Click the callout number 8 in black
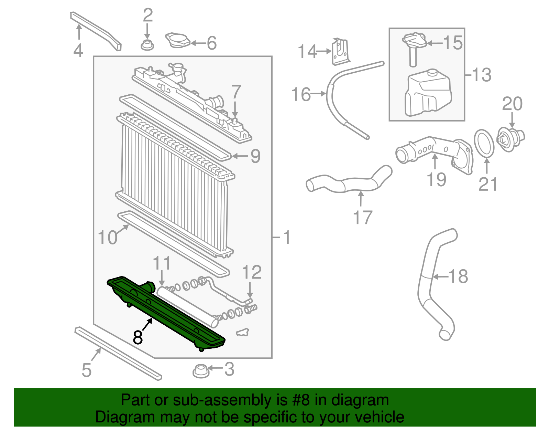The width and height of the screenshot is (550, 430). [x=137, y=337]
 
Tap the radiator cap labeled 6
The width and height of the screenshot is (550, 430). [x=177, y=41]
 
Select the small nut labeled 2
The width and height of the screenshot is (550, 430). [x=147, y=45]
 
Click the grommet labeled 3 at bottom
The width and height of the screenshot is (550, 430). [x=201, y=371]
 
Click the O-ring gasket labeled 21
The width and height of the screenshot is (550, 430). [x=484, y=143]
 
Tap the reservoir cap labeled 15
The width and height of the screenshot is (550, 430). [x=414, y=41]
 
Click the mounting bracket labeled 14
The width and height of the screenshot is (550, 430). [x=340, y=52]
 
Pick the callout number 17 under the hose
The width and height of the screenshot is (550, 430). [x=363, y=218]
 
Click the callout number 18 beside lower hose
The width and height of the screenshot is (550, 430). [x=458, y=276]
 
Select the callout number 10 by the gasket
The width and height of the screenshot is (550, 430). [x=107, y=238]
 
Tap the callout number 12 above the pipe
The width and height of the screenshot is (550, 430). [x=252, y=272]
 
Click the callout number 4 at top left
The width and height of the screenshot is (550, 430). [x=78, y=50]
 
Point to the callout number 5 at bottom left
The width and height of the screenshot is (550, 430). [x=86, y=370]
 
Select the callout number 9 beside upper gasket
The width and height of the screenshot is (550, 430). [x=255, y=156]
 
